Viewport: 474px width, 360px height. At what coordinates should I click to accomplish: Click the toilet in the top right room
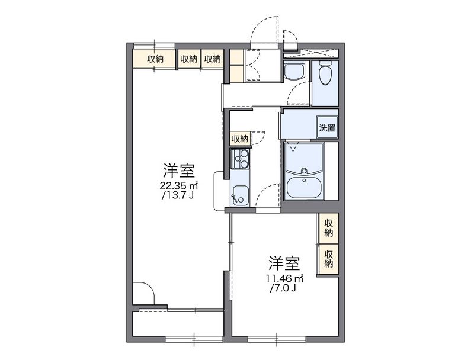[324, 75]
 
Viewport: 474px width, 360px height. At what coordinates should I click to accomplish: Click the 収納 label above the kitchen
[240, 139]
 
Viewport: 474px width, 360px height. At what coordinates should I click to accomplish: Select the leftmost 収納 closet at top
[155, 59]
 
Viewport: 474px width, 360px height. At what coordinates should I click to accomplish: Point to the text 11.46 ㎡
[283, 278]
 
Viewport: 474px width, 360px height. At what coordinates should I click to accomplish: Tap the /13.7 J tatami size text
[178, 195]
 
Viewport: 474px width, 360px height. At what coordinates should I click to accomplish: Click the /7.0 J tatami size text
[283, 288]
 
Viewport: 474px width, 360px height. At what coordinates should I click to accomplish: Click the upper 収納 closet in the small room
[328, 228]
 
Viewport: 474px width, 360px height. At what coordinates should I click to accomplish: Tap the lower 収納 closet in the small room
[328, 258]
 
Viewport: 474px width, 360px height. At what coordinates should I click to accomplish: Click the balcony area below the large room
[178, 322]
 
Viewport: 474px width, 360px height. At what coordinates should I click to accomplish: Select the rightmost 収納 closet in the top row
[212, 59]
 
